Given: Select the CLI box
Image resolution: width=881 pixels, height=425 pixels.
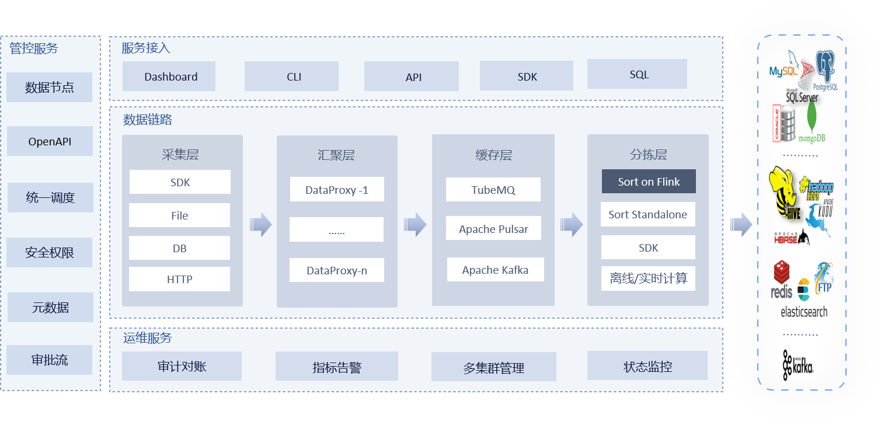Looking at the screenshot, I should coord(291,76).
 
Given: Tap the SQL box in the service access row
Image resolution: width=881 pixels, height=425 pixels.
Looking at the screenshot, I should coord(637,74).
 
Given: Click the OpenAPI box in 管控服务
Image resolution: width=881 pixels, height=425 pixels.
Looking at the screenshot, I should coord(50,141).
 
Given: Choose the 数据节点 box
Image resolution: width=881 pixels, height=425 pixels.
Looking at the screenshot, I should coord(50,88).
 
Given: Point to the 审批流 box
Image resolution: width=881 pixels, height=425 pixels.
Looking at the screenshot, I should coord(50,360).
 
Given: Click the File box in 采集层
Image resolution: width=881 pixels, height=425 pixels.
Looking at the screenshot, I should coord(180,215).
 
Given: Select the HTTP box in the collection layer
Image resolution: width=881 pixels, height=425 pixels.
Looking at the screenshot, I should coord(180,279).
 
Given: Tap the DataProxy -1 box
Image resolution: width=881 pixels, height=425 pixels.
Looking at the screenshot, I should coord(337,190).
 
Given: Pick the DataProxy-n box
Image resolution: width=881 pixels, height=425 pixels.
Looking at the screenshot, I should coord(337,270).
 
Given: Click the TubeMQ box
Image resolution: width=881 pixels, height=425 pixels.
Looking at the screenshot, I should coord(493,190).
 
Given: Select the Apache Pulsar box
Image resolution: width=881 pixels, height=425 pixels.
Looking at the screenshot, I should coord(493,229).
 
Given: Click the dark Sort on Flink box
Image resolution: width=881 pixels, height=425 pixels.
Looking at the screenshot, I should coord(649,182).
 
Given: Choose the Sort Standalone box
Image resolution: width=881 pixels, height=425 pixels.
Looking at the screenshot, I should coord(648,214).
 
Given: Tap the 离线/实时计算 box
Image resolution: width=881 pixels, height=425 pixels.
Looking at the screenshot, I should coord(648,278).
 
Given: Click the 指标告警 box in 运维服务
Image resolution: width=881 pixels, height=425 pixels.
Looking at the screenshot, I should coord(337,367).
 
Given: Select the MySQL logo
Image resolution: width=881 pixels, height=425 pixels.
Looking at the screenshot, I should coord(784,66).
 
